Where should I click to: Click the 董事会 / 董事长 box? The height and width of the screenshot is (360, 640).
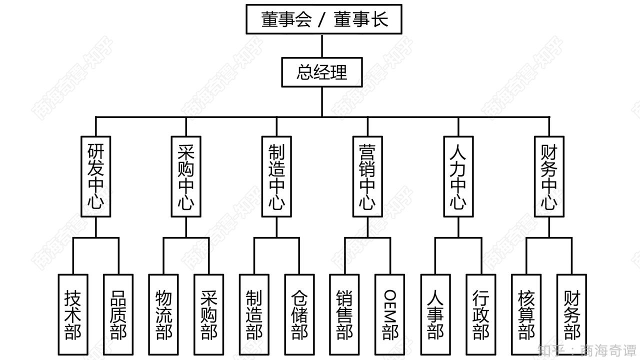[323, 19]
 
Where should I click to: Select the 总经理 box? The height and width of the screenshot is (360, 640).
[321, 72]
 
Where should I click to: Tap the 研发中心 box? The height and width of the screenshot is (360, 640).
[95, 176]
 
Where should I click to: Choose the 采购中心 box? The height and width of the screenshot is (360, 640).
[186, 176]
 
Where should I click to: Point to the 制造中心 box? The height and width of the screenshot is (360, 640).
[276, 176]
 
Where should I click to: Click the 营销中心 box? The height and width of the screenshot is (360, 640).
[367, 176]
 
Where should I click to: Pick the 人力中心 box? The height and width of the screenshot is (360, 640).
[458, 176]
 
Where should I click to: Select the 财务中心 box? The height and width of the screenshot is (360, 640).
[548, 176]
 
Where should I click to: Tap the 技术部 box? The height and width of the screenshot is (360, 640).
[73, 314]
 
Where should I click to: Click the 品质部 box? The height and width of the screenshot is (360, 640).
[118, 314]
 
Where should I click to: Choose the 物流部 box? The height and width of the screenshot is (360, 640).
[163, 314]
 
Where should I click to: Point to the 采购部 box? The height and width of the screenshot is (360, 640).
[208, 314]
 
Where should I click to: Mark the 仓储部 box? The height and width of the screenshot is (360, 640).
[299, 314]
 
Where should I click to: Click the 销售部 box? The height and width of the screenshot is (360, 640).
[344, 314]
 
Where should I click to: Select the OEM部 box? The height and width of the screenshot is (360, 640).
[390, 314]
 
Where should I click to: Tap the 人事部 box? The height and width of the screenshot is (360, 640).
[435, 314]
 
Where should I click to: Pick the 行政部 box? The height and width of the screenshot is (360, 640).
[480, 314]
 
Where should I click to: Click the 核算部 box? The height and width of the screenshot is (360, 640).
[526, 314]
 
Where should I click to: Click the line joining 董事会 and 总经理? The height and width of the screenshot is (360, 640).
[322, 46]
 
